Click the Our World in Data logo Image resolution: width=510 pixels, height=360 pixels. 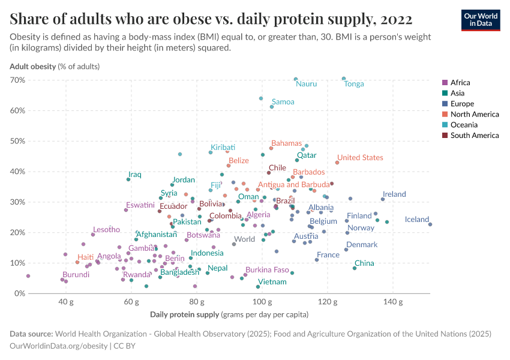pos(481,20)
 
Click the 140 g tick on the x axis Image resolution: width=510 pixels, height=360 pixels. pos(392,302)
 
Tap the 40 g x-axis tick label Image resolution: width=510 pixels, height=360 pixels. pos(66,302)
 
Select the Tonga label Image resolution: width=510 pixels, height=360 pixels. pos(354,84)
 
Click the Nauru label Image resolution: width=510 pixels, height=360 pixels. pos(307,84)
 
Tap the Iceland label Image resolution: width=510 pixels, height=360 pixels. pos(417,220)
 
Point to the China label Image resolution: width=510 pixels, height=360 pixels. pos(364,263)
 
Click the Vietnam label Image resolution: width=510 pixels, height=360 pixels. pos(272,282)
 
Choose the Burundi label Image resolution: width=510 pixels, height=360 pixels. pos(76,275)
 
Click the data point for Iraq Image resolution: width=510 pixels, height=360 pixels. pos(128,179)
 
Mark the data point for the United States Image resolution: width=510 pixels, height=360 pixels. pos(337,163)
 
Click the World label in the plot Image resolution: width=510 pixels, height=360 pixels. pos(244,239)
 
